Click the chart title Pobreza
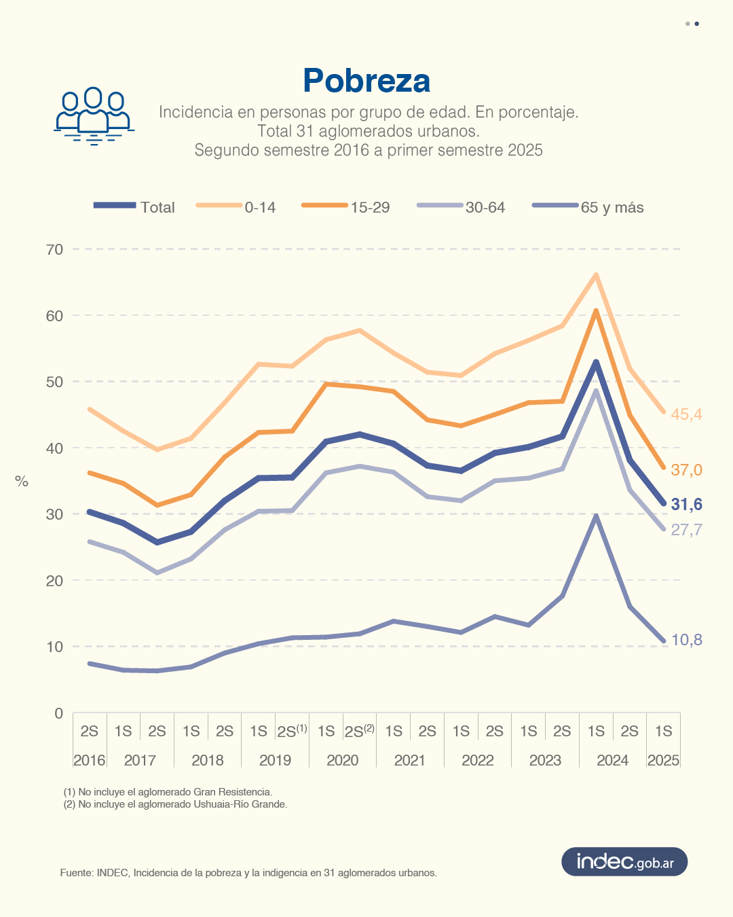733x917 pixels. point(366,81)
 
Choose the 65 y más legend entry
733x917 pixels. point(588,207)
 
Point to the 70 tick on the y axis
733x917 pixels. point(54,249)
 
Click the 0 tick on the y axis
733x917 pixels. point(58,713)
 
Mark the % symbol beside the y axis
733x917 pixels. point(22,482)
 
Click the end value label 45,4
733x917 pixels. point(686,414)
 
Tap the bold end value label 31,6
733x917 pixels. point(686,504)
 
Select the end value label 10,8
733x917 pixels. point(686,640)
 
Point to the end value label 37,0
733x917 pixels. point(686,469)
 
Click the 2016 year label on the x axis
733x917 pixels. point(89,760)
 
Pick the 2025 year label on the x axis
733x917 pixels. point(663,760)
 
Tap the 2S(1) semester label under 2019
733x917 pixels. point(292,732)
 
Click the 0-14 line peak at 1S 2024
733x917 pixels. point(596,274)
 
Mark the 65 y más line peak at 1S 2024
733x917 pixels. point(596,516)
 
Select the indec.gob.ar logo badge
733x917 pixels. point(624,862)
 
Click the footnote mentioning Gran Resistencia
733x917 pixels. point(168,792)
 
